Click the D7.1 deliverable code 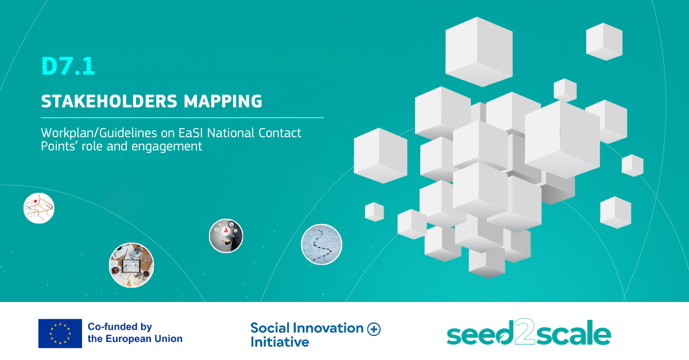point(68,66)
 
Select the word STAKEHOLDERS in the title point(109,101)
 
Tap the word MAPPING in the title point(223,101)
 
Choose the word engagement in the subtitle point(167,147)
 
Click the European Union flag point(60,334)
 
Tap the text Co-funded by point(120,327)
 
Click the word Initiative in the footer point(280,342)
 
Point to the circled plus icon point(374,329)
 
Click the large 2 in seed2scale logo point(524,332)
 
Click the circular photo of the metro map point(39,208)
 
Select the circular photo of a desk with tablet point(131,265)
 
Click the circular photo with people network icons point(226,236)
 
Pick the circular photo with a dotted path point(322,245)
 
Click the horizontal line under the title point(183,118)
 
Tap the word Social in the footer point(270,328)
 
